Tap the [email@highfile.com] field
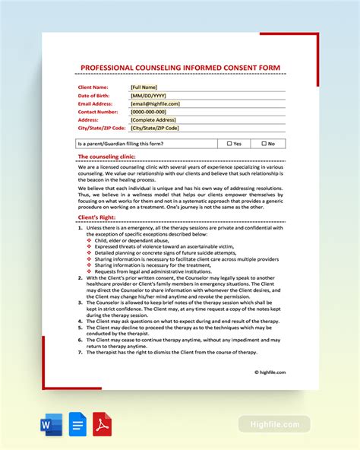tap(156, 103)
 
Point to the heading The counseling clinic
tap(106, 157)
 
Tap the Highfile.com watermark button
tap(274, 424)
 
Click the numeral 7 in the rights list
tap(81, 353)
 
